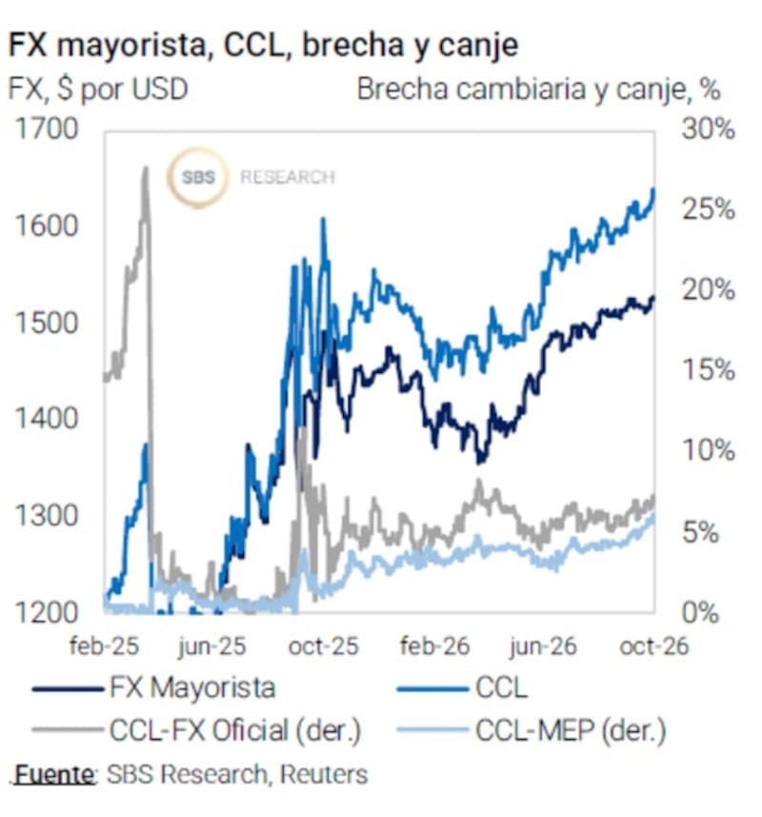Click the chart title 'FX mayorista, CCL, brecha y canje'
[263, 45]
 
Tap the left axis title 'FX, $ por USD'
[98, 90]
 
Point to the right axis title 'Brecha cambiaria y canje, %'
[539, 90]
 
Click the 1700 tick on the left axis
[47, 129]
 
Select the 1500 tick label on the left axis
[47, 322]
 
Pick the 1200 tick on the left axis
[47, 611]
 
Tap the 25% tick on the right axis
[709, 209]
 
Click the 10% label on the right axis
[709, 450]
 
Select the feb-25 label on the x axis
[104, 647]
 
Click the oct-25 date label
[324, 647]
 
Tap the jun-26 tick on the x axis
[543, 647]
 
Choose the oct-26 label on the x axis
[654, 647]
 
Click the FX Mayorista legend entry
[153, 687]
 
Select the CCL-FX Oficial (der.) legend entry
[196, 730]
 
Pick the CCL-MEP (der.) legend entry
[531, 730]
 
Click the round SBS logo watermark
[198, 177]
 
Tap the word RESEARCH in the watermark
[288, 178]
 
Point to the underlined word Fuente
[54, 775]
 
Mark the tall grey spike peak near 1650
[146, 168]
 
